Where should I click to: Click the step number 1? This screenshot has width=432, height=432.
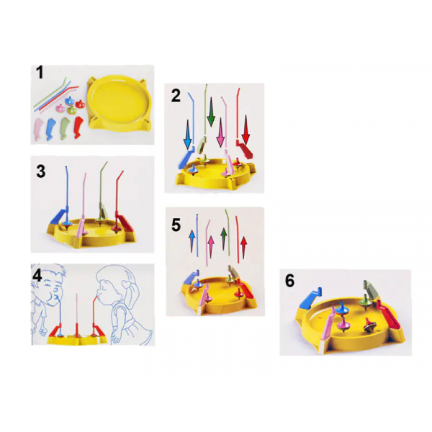[x=40, y=73]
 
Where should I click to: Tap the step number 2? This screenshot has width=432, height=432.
[x=176, y=96]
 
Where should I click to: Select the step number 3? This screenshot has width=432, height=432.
[x=41, y=171]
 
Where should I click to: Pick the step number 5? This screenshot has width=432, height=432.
[x=176, y=225]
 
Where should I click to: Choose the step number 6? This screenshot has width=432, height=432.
[x=289, y=281]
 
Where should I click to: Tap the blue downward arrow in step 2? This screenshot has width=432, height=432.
[x=188, y=135]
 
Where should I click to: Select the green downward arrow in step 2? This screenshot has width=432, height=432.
[x=211, y=112]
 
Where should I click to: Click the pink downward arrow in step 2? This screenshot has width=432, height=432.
[x=220, y=132]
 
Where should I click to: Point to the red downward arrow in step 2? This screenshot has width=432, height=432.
[x=246, y=130]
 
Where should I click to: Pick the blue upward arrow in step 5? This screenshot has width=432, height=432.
[x=192, y=242]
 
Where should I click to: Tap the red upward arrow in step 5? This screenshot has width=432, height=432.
[x=243, y=248]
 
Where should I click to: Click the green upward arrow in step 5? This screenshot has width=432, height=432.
[x=224, y=239]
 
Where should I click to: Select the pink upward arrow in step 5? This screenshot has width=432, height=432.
[x=211, y=247]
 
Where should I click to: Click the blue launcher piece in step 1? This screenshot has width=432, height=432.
[x=51, y=129]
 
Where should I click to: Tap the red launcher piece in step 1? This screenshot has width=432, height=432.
[x=78, y=127]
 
